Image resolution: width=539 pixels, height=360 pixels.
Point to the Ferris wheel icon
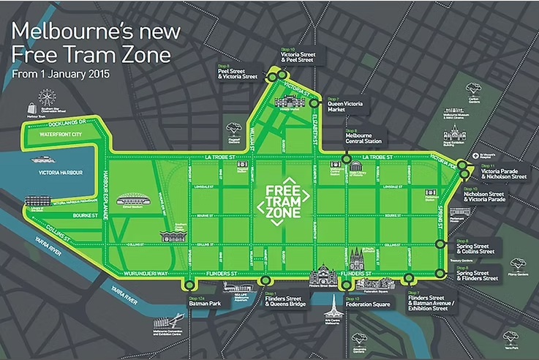(48, 98)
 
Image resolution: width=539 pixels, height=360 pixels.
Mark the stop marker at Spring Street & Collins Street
(440, 244)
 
